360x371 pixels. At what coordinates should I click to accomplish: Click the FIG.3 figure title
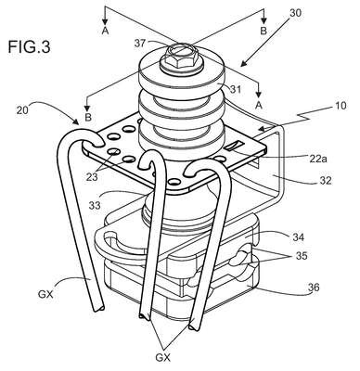coord(29,47)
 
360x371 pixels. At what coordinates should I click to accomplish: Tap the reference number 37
coord(139,44)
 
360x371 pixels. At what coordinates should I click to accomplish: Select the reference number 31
coord(235,90)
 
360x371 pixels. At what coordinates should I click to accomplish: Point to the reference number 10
coord(340,106)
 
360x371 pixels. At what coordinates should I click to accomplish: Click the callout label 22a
coord(317,159)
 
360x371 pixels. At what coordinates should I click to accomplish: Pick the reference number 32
coord(324,180)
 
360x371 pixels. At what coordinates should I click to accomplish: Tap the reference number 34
coord(297,237)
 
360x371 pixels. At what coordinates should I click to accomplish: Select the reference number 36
coord(313,288)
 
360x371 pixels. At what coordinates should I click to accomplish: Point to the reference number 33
coord(95,205)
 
